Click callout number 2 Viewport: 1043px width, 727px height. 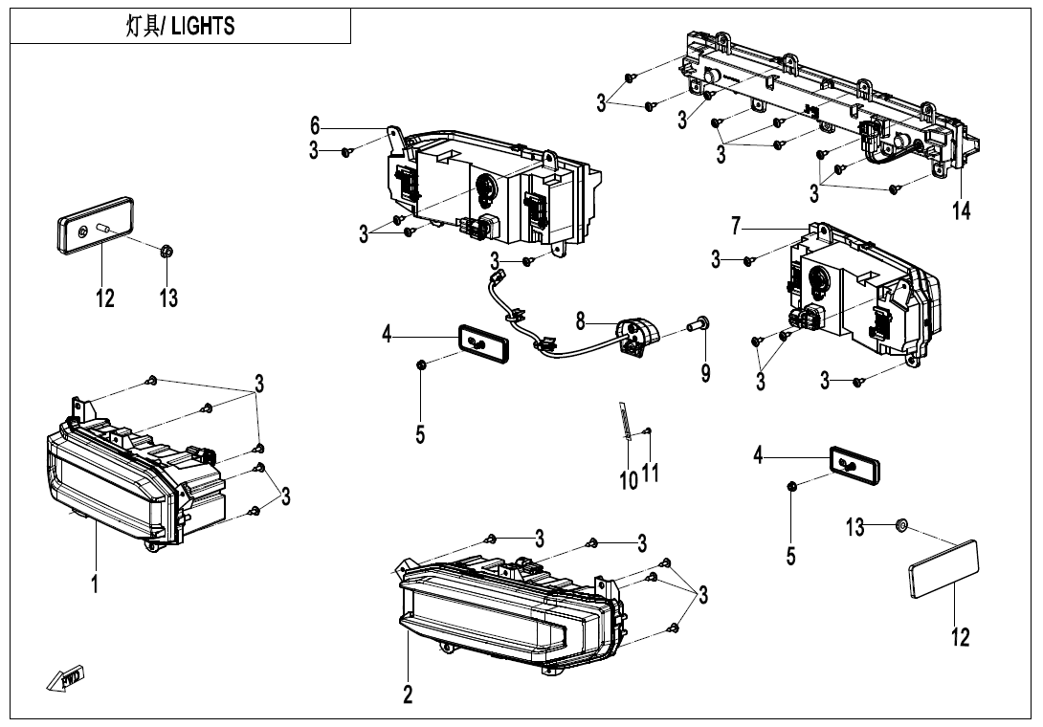(x=408, y=695)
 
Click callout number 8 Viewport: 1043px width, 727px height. (x=580, y=319)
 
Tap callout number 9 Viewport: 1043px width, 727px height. (x=705, y=372)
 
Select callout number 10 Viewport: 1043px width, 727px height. (x=629, y=479)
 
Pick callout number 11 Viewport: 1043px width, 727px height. (x=651, y=472)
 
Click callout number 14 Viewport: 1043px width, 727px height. (x=962, y=210)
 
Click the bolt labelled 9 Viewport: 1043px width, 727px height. (x=700, y=325)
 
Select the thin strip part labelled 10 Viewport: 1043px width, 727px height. (x=624, y=421)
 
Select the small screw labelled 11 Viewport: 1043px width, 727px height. (x=649, y=432)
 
